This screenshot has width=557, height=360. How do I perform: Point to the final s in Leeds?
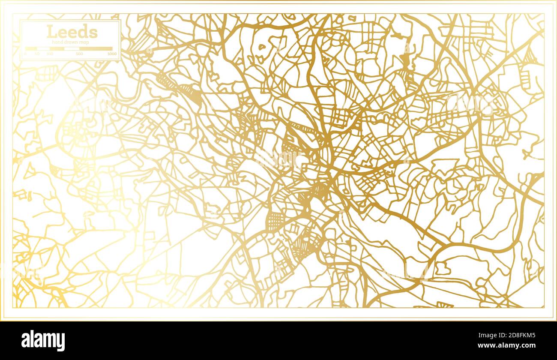(94, 32)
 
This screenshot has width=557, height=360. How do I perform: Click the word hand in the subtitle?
(56, 42)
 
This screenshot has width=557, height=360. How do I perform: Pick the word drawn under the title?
(70, 42)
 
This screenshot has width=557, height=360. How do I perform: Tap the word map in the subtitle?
(84, 42)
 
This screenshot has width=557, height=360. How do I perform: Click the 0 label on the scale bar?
(25, 54)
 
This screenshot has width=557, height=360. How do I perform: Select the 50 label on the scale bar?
(37, 54)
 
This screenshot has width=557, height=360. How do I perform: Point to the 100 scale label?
(50, 54)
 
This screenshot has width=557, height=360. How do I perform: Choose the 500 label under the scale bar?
(79, 54)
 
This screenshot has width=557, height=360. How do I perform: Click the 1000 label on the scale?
(112, 54)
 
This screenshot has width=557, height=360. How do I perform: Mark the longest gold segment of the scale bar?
(96, 49)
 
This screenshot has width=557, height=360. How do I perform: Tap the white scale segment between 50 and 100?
(44, 49)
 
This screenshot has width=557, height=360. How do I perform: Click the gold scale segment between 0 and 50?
(31, 49)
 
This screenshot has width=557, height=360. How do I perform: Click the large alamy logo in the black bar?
(43, 341)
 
